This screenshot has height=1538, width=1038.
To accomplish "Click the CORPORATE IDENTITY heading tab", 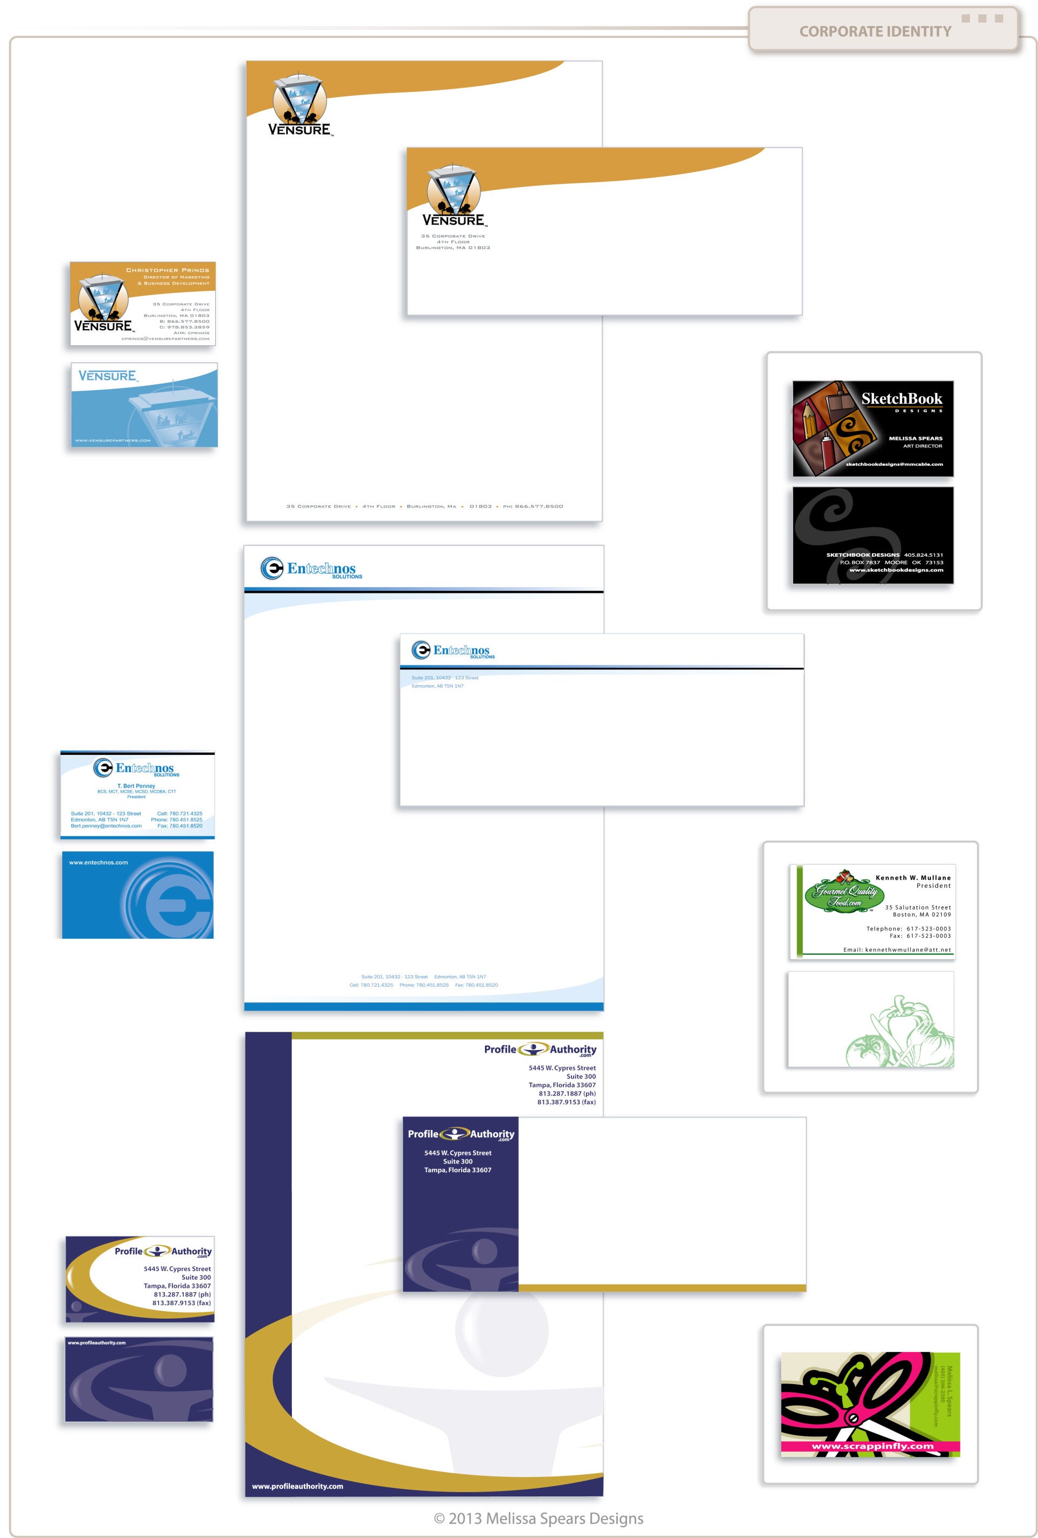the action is [x=875, y=31].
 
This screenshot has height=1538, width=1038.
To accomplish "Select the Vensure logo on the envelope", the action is [x=454, y=195].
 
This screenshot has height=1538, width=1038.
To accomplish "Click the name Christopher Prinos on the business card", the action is [x=168, y=270].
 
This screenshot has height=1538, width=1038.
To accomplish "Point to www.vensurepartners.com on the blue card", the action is [x=112, y=440].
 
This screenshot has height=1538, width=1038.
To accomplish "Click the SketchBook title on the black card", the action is [x=902, y=398].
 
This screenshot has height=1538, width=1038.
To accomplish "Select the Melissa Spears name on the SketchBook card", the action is [x=915, y=438].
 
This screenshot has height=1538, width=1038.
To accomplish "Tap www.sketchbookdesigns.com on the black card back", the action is [x=896, y=570].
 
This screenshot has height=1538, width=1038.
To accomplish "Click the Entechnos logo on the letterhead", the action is [x=311, y=569].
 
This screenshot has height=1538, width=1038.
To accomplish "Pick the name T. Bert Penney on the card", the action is [x=136, y=786].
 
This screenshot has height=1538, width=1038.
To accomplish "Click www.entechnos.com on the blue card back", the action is [x=98, y=862].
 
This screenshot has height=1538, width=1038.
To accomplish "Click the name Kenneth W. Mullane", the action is [x=913, y=878].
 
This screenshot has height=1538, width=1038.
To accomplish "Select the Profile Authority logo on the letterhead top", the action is [x=540, y=1049].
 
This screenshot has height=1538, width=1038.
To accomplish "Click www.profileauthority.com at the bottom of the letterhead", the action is [x=297, y=1486].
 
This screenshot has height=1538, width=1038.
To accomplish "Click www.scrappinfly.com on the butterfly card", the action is [x=873, y=1446].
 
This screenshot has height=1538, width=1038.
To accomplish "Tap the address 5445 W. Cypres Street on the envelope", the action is [x=457, y=1153].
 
